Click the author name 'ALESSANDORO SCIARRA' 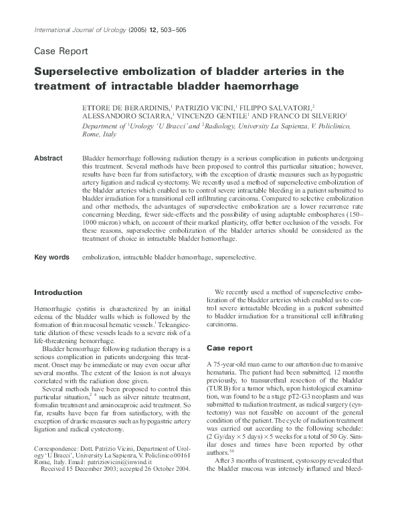click(124, 116)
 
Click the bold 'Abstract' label click(49, 159)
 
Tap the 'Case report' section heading click(230, 348)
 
